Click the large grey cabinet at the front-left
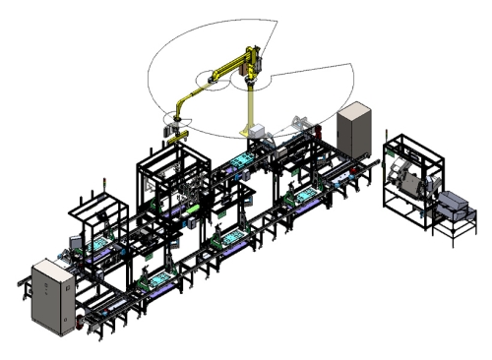coord(49,293)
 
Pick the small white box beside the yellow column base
coord(253,135)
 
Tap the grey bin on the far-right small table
coord(454,205)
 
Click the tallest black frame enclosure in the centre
coord(175,182)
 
